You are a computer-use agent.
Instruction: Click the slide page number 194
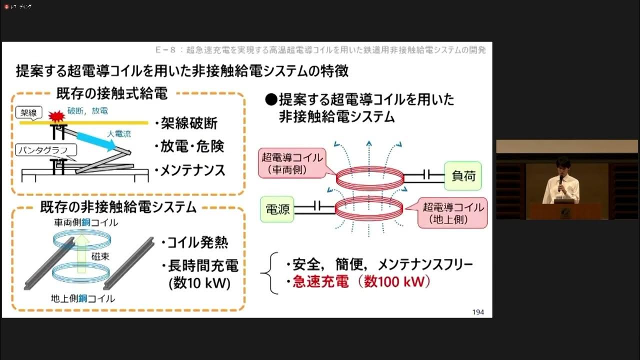[x=478, y=312]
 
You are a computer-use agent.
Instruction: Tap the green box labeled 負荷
[x=463, y=175]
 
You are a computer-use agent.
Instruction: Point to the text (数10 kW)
[x=200, y=283]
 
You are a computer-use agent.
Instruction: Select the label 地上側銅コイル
[x=83, y=298]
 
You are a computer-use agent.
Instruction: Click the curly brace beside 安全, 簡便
[x=273, y=273]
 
